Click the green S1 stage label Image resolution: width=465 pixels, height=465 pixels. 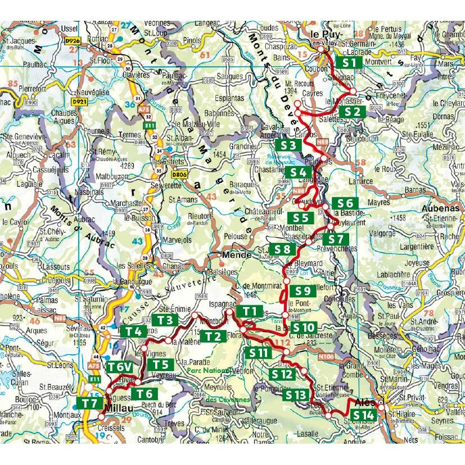pos(349,62)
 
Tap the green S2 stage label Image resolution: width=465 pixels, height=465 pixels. pos(352,112)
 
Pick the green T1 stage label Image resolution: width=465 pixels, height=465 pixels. pos(250,311)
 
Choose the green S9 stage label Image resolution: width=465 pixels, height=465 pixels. pos(303,291)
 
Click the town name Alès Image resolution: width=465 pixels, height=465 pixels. pos(366,403)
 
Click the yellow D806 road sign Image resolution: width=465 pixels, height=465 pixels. pos(179,174)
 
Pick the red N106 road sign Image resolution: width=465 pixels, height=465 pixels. pos(326,356)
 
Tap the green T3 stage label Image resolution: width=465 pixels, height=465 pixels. pos(164,320)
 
